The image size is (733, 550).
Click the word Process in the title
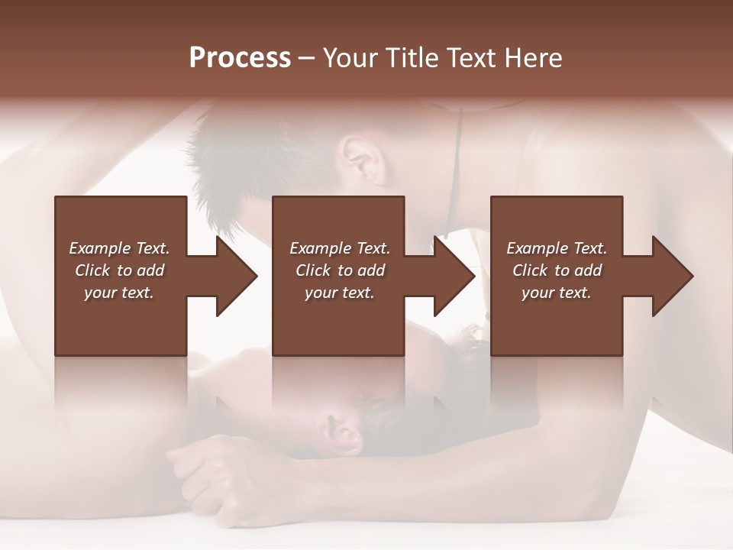(x=240, y=58)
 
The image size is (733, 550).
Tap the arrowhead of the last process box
(x=671, y=276)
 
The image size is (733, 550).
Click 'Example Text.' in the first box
(x=120, y=248)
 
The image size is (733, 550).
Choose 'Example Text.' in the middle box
(x=340, y=248)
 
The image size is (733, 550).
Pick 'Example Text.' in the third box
(x=557, y=248)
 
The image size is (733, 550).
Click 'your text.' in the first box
(x=119, y=293)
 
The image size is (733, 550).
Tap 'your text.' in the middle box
(x=339, y=293)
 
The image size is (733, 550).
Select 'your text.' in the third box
(x=556, y=293)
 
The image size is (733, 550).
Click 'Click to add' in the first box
(x=120, y=270)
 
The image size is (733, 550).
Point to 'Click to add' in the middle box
(x=340, y=270)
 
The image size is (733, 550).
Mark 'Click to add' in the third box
(x=557, y=270)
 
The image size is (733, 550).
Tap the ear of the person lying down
(x=341, y=434)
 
